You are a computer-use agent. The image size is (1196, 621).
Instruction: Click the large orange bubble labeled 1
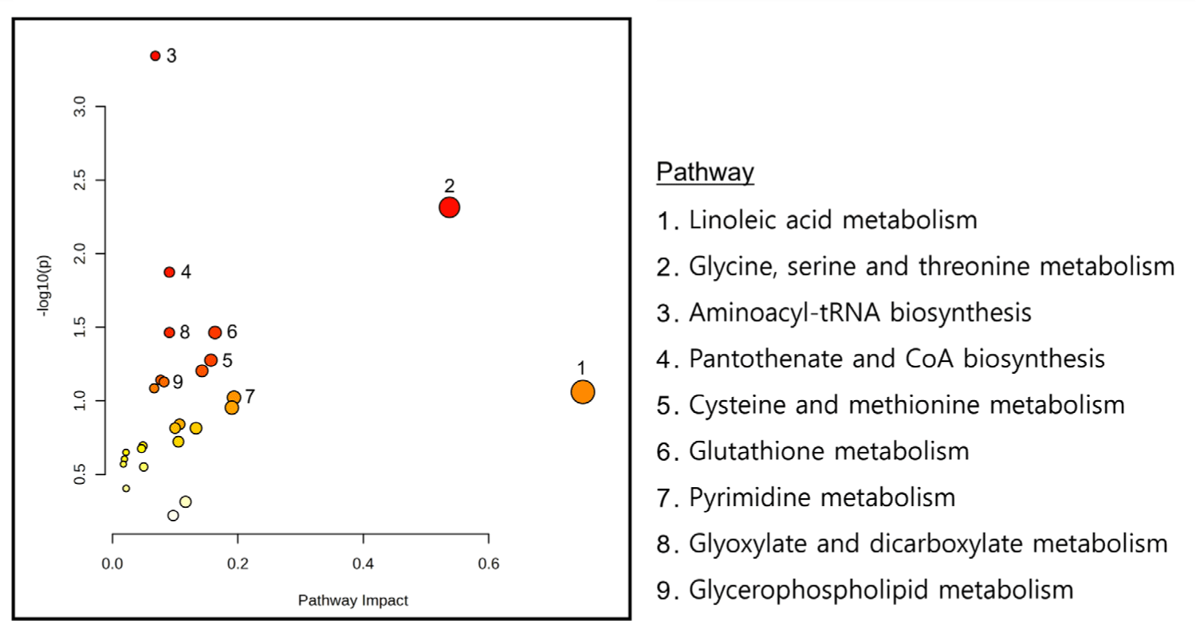583,392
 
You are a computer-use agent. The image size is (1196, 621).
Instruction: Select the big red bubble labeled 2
449,207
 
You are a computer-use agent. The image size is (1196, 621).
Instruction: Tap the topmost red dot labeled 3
155,56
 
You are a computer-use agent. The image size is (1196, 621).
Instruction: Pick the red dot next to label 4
169,272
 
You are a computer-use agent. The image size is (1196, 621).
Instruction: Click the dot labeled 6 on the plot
214,332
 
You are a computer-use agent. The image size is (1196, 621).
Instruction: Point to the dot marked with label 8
169,332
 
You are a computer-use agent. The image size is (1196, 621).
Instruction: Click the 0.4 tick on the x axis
364,564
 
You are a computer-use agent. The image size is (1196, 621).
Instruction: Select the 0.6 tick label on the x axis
489,564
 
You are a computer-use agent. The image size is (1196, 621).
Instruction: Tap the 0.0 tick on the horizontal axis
112,564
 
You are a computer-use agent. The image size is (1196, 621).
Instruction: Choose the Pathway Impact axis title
352,600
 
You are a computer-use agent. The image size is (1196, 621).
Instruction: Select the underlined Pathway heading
705,172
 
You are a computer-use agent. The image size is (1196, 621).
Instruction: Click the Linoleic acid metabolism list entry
832,219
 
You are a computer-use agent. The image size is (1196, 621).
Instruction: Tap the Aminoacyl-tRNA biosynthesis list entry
860,312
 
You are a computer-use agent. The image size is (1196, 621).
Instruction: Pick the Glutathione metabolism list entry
828,451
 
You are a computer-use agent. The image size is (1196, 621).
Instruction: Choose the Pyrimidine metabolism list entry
821,498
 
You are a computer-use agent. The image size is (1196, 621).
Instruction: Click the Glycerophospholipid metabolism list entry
880,590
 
